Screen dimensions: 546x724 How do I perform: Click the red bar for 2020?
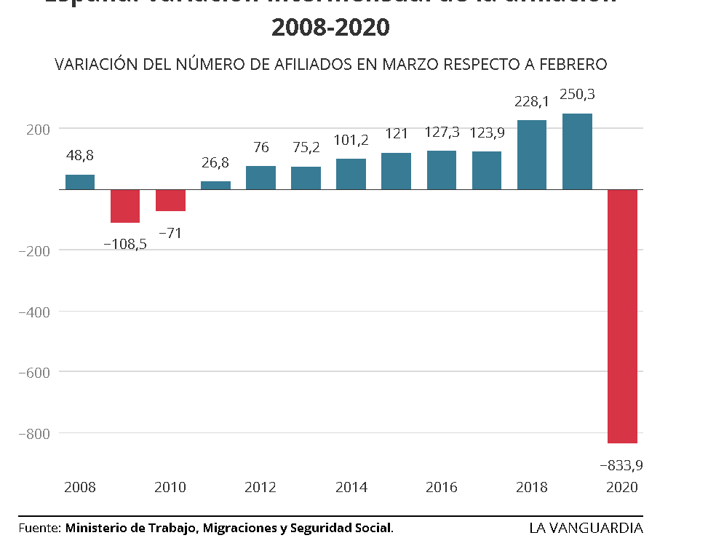tap(623, 316)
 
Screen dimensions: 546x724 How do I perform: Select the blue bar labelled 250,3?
tap(577, 151)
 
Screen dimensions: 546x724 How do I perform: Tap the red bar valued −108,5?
tap(125, 206)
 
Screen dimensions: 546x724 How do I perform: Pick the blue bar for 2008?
tap(80, 182)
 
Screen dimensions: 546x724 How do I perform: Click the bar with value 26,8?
tap(215, 185)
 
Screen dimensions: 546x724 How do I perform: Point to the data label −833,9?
tap(621, 464)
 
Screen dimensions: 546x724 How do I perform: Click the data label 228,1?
tap(532, 103)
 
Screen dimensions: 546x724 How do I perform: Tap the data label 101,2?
tap(351, 140)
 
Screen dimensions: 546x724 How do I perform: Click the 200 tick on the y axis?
tap(37, 129)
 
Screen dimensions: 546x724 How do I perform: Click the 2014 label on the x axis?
tap(351, 487)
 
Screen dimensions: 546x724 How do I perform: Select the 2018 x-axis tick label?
tap(532, 487)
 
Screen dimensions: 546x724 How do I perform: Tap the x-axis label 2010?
tap(170, 487)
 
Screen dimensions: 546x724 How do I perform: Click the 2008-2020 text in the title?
tap(330, 27)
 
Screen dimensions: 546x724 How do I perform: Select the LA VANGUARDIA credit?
tap(586, 528)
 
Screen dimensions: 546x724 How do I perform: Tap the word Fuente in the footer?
tap(39, 528)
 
